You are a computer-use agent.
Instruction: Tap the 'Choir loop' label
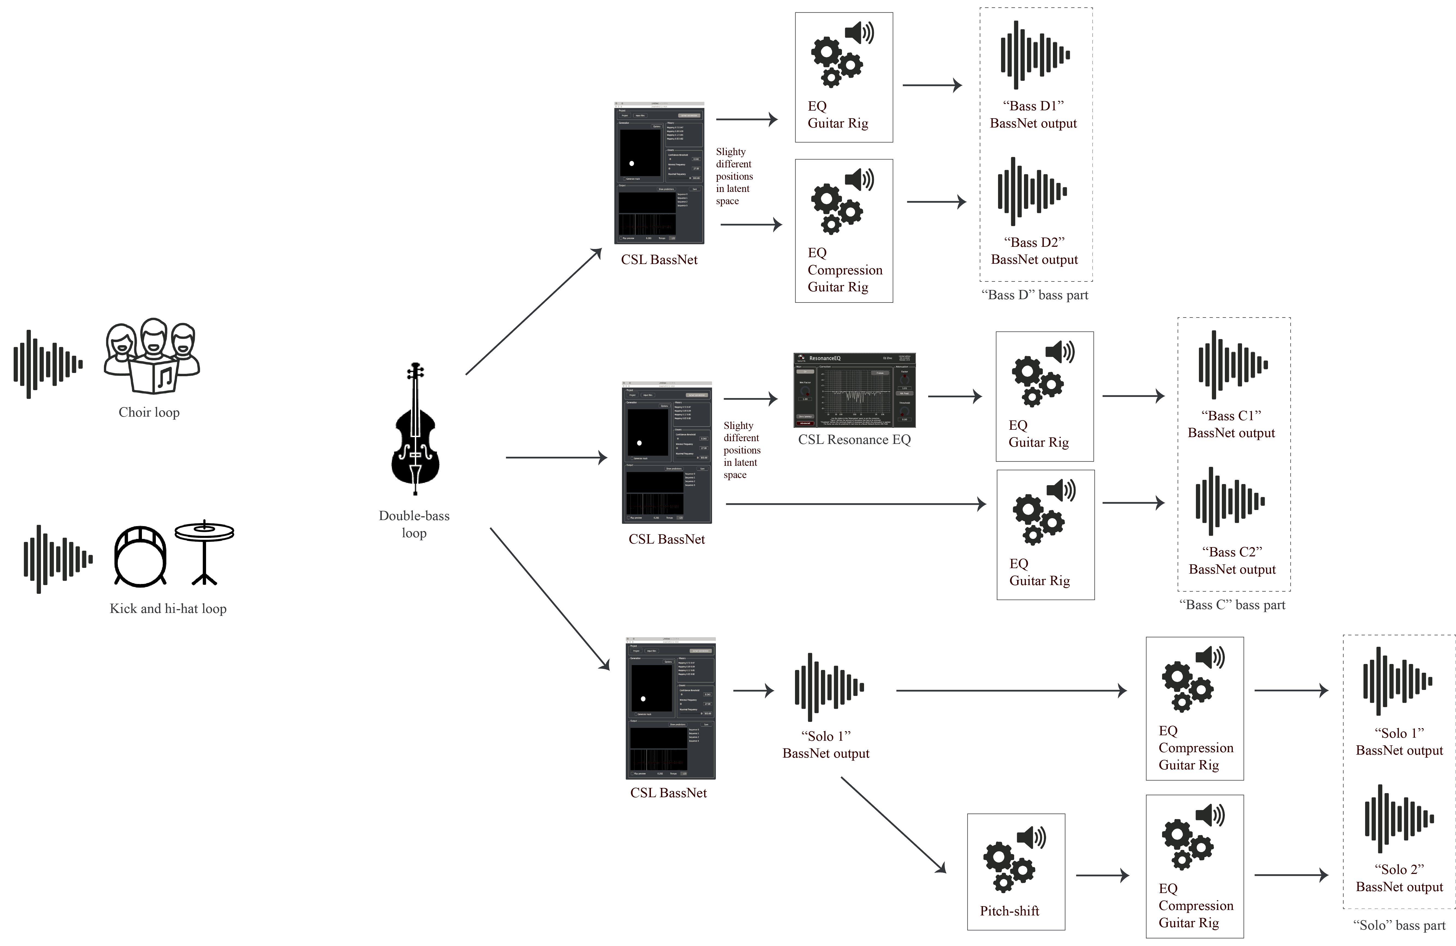tap(149, 413)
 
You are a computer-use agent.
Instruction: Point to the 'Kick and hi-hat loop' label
tap(168, 609)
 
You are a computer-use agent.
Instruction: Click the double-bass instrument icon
tap(415, 428)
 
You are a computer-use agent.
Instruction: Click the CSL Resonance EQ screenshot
tap(854, 390)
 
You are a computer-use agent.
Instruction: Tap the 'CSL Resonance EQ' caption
tap(854, 439)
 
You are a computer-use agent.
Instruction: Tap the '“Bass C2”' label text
tap(1232, 552)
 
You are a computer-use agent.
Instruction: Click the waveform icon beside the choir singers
tap(48, 364)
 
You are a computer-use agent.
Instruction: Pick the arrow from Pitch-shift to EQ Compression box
tap(1102, 876)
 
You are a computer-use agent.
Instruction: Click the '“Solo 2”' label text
tap(1399, 870)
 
